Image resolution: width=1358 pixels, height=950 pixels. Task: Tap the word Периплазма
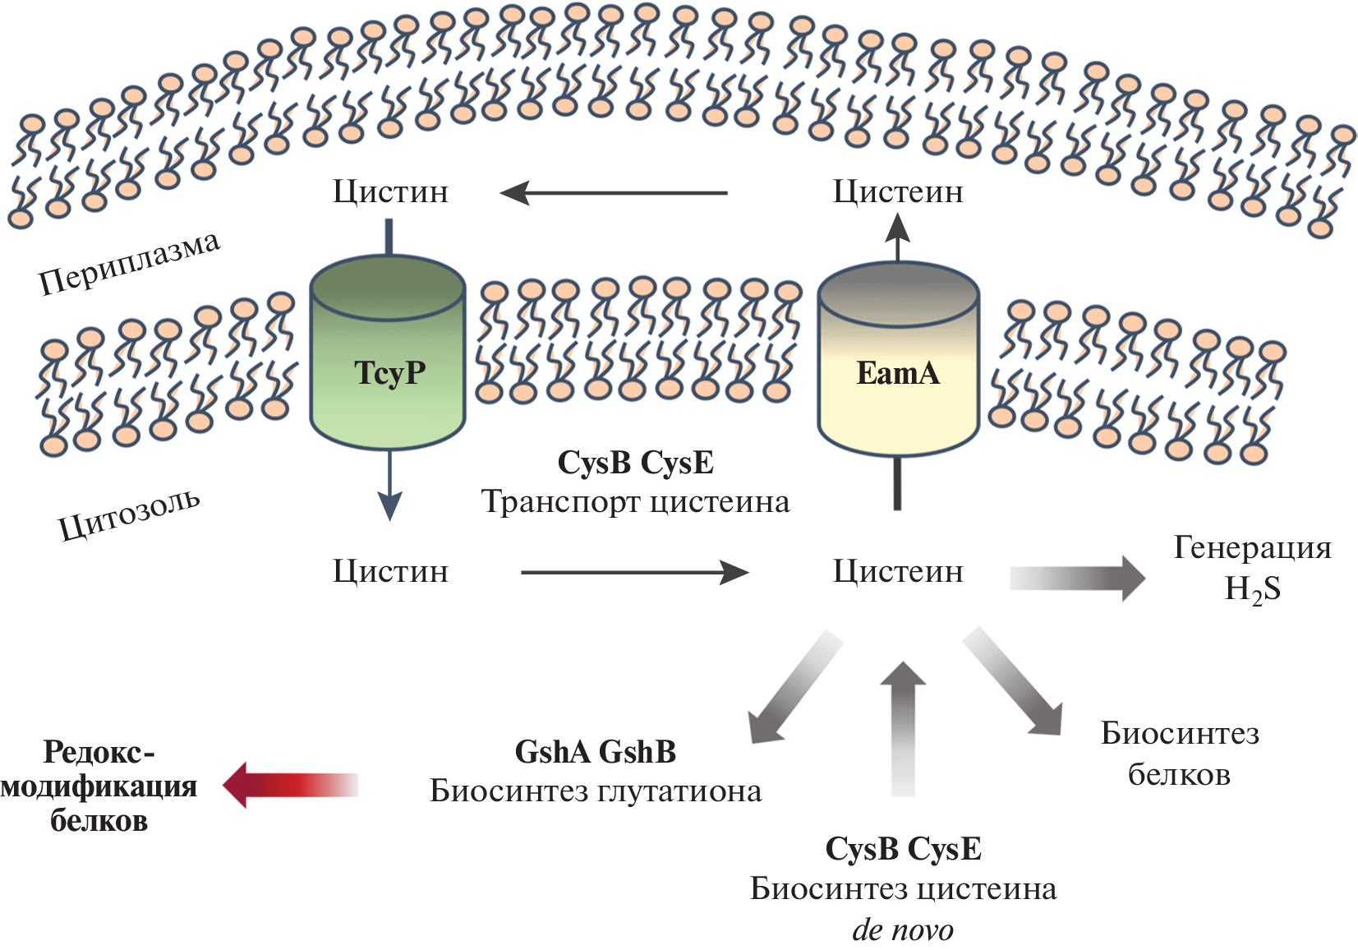point(130,263)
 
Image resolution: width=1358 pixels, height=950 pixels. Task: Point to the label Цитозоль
point(129,514)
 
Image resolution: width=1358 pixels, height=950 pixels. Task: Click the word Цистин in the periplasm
point(390,192)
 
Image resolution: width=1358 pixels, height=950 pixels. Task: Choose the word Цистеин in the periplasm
point(898,192)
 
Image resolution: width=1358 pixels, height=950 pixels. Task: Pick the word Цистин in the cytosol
point(390,571)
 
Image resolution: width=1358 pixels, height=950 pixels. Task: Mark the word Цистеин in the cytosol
point(898,571)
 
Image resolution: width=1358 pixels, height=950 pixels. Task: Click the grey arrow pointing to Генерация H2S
point(1077,578)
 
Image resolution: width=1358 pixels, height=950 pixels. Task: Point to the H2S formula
point(1252,590)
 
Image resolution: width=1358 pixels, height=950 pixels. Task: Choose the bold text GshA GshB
point(595,752)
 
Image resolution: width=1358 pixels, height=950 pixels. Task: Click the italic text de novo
point(903,930)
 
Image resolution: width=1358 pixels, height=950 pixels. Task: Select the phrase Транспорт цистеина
point(635,502)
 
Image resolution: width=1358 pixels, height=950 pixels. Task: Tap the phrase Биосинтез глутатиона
point(596,791)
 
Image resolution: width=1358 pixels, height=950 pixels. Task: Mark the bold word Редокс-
point(99,752)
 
